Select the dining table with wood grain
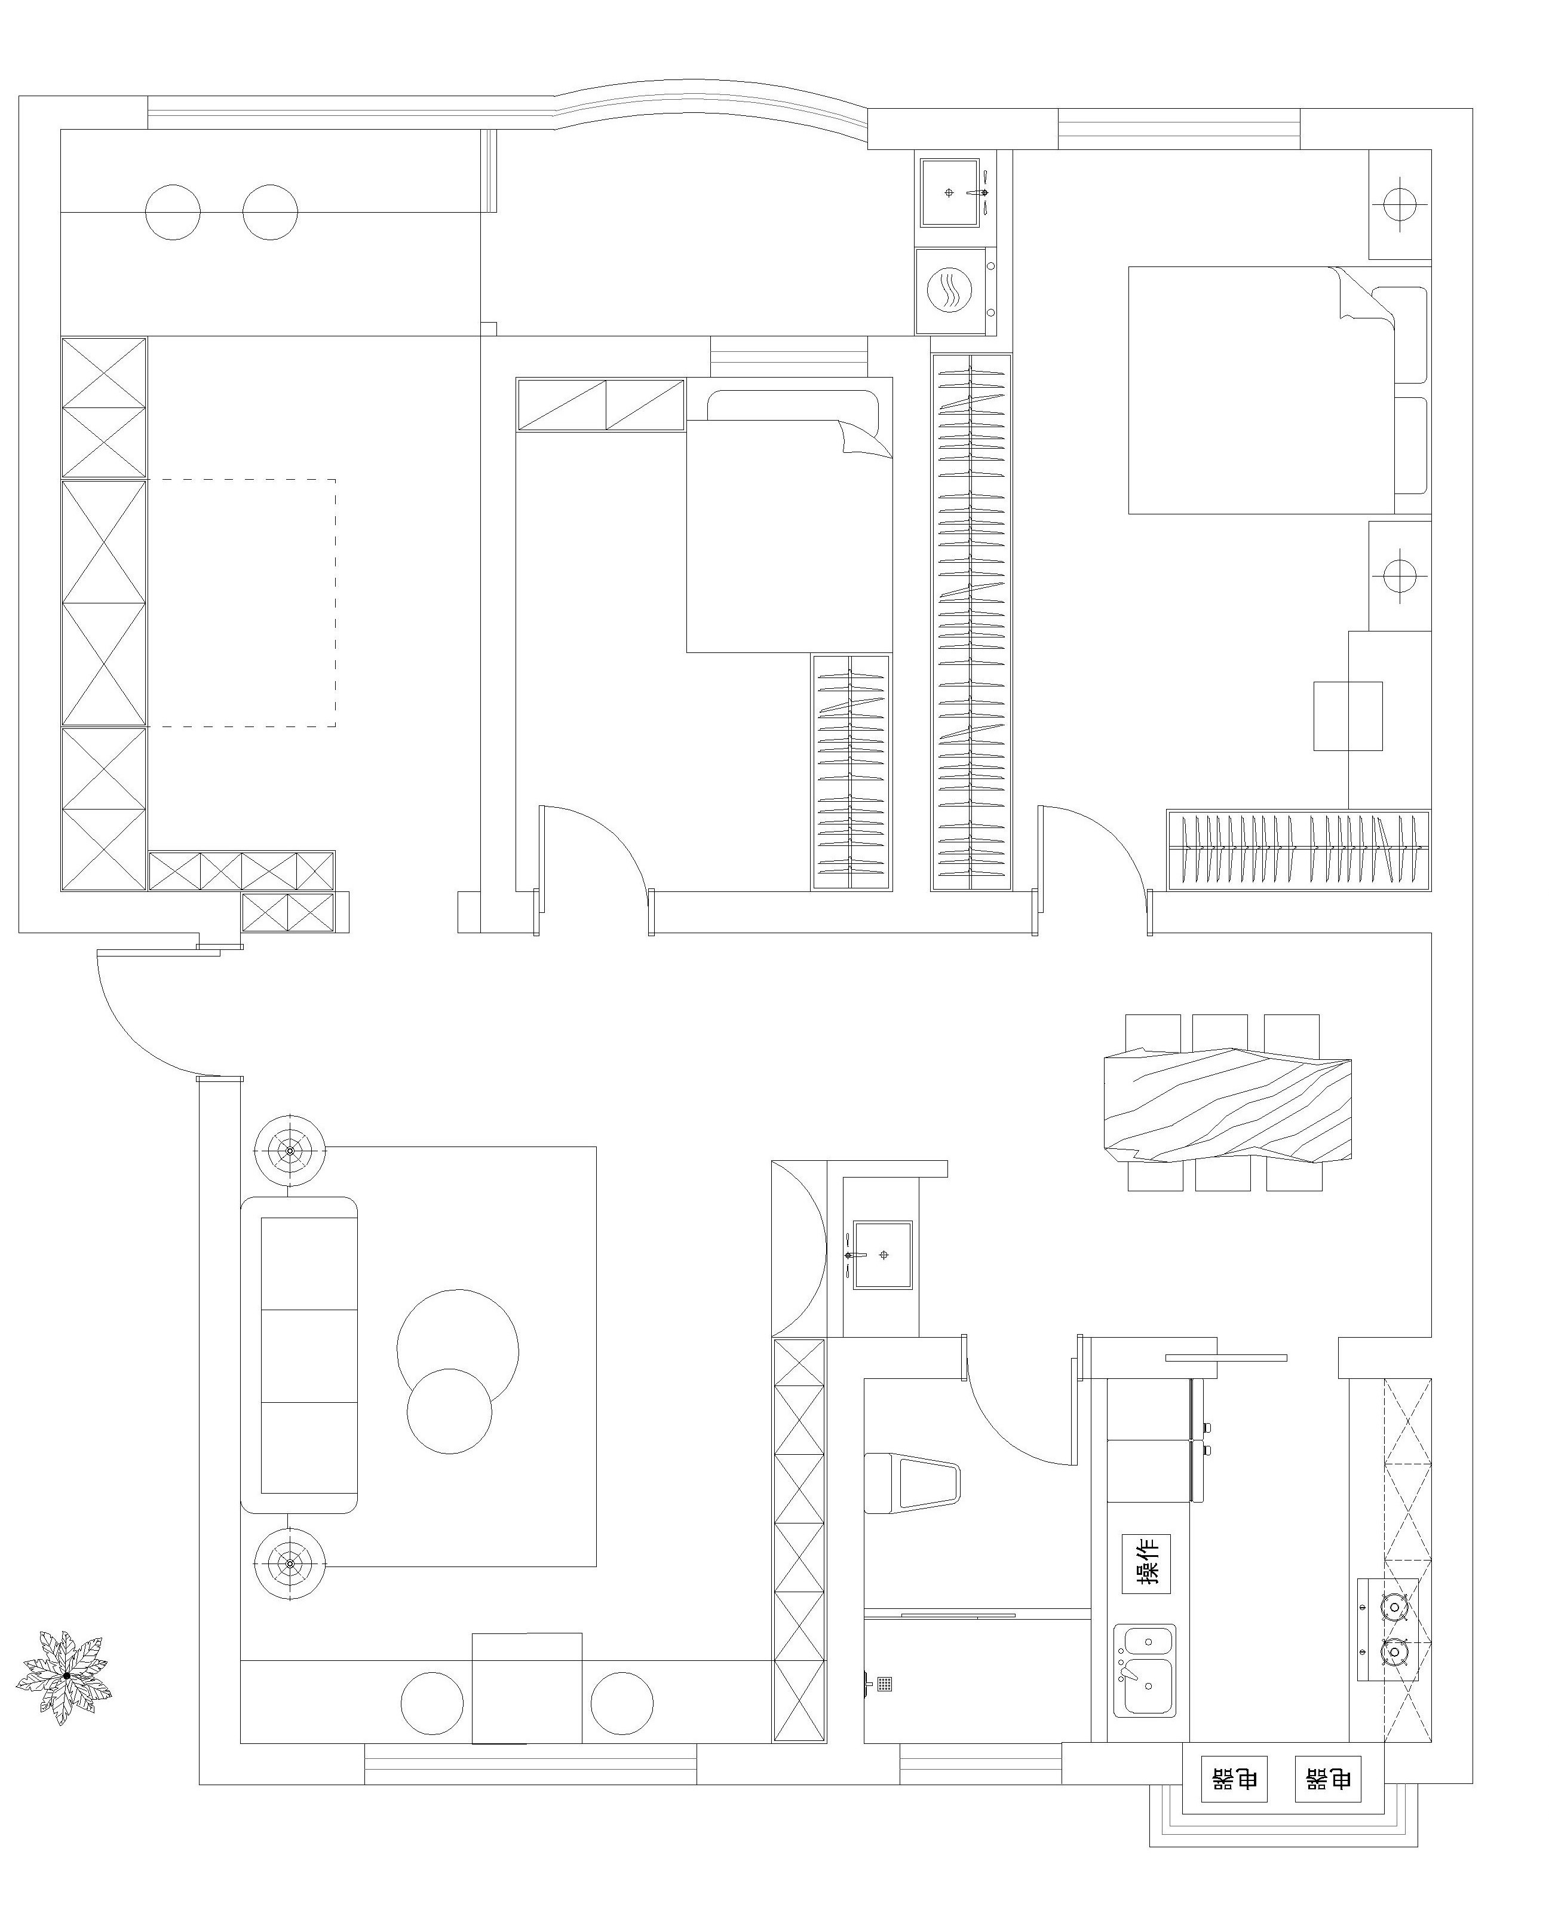(1228, 1105)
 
